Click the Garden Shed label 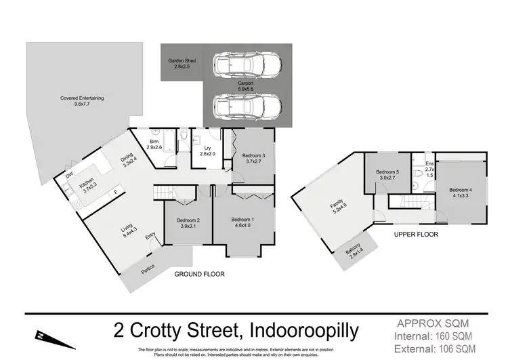[182, 64]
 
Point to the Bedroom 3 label [254, 159]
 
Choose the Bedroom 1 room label [242, 223]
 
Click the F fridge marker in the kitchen [115, 193]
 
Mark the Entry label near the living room [150, 237]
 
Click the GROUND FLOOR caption [199, 275]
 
